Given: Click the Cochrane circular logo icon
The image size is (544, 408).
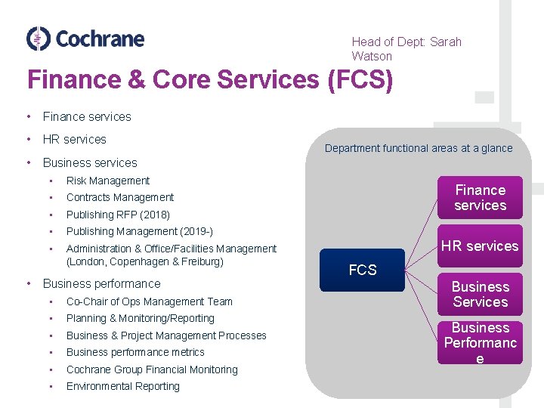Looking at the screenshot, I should point(38,39).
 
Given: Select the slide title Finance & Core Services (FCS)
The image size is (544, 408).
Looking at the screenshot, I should point(210,79).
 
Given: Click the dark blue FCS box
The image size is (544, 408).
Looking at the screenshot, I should point(363,270).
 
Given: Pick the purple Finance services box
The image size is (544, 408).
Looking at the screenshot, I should point(480,198).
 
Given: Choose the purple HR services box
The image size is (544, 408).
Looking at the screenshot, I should point(480,246).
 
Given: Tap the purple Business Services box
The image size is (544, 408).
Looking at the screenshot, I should point(480,294).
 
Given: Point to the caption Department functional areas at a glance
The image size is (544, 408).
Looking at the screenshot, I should point(419,148).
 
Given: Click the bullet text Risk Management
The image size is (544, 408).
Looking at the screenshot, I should point(108,181).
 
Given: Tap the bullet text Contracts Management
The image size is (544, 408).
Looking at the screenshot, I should point(120,197).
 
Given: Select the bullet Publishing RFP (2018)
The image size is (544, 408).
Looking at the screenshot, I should point(118,215).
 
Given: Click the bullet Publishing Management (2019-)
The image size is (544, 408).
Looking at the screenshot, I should point(140,231).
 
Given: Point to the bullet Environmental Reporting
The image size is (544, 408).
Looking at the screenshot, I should point(123,386).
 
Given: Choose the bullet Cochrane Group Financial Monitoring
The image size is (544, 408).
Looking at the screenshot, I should point(152,369).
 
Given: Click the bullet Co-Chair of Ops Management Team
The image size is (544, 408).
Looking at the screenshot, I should point(150,301).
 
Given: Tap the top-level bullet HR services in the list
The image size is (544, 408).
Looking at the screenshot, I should point(75,139).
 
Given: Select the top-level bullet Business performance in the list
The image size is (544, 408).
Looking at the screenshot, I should point(102,284).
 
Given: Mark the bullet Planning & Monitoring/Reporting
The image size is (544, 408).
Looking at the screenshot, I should point(141,318).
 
